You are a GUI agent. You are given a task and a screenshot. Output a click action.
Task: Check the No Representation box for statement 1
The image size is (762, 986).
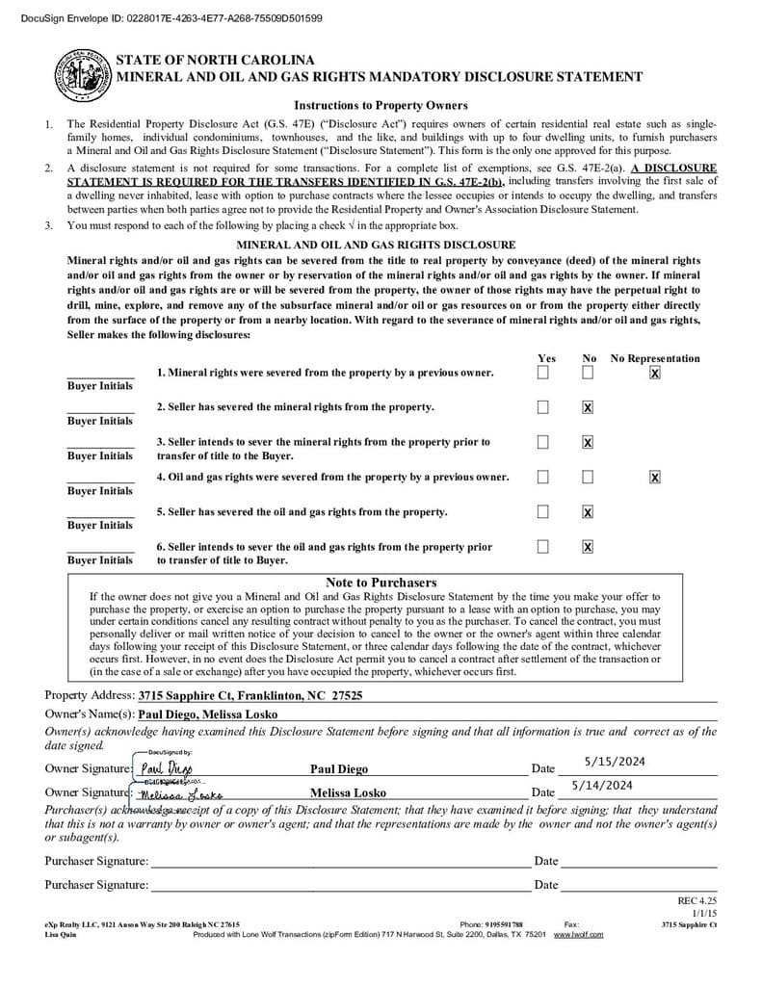655,373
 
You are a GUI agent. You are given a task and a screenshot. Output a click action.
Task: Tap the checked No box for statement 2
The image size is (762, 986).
588,407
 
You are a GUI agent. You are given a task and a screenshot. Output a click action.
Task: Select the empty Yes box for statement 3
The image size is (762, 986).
543,442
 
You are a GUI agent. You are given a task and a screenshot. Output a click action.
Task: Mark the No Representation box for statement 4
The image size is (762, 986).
655,477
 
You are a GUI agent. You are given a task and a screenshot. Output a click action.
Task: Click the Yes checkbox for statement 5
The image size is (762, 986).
543,511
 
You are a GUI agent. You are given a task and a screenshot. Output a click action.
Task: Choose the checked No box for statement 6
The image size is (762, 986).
588,547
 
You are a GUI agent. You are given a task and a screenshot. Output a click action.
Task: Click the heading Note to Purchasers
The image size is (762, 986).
381,583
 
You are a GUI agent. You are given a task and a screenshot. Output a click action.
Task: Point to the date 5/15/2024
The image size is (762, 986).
615,762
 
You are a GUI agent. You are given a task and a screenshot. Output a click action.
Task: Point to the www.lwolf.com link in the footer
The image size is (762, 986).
578,934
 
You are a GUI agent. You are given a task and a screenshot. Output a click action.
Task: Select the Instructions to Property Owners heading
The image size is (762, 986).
381,105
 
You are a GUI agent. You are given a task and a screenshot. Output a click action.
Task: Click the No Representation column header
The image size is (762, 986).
655,358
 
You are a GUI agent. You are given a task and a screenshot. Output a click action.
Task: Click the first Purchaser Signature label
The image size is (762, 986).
96,861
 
